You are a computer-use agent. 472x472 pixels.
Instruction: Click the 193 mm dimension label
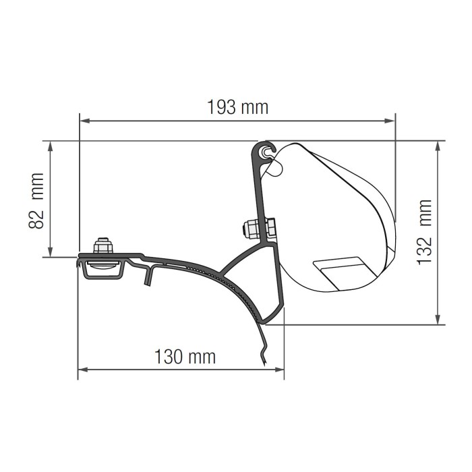tap(237, 107)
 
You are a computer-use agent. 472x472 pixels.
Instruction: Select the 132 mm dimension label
tap(424, 231)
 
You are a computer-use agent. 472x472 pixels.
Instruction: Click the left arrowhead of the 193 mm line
tap(84, 121)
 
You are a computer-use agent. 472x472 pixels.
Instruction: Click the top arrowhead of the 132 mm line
tap(439, 145)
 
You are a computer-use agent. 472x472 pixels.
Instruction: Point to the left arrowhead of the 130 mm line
tap(82, 369)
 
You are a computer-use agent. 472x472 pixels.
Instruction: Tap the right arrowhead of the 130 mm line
tap(280, 369)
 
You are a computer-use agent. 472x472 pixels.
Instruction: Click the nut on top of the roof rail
tap(103, 246)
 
